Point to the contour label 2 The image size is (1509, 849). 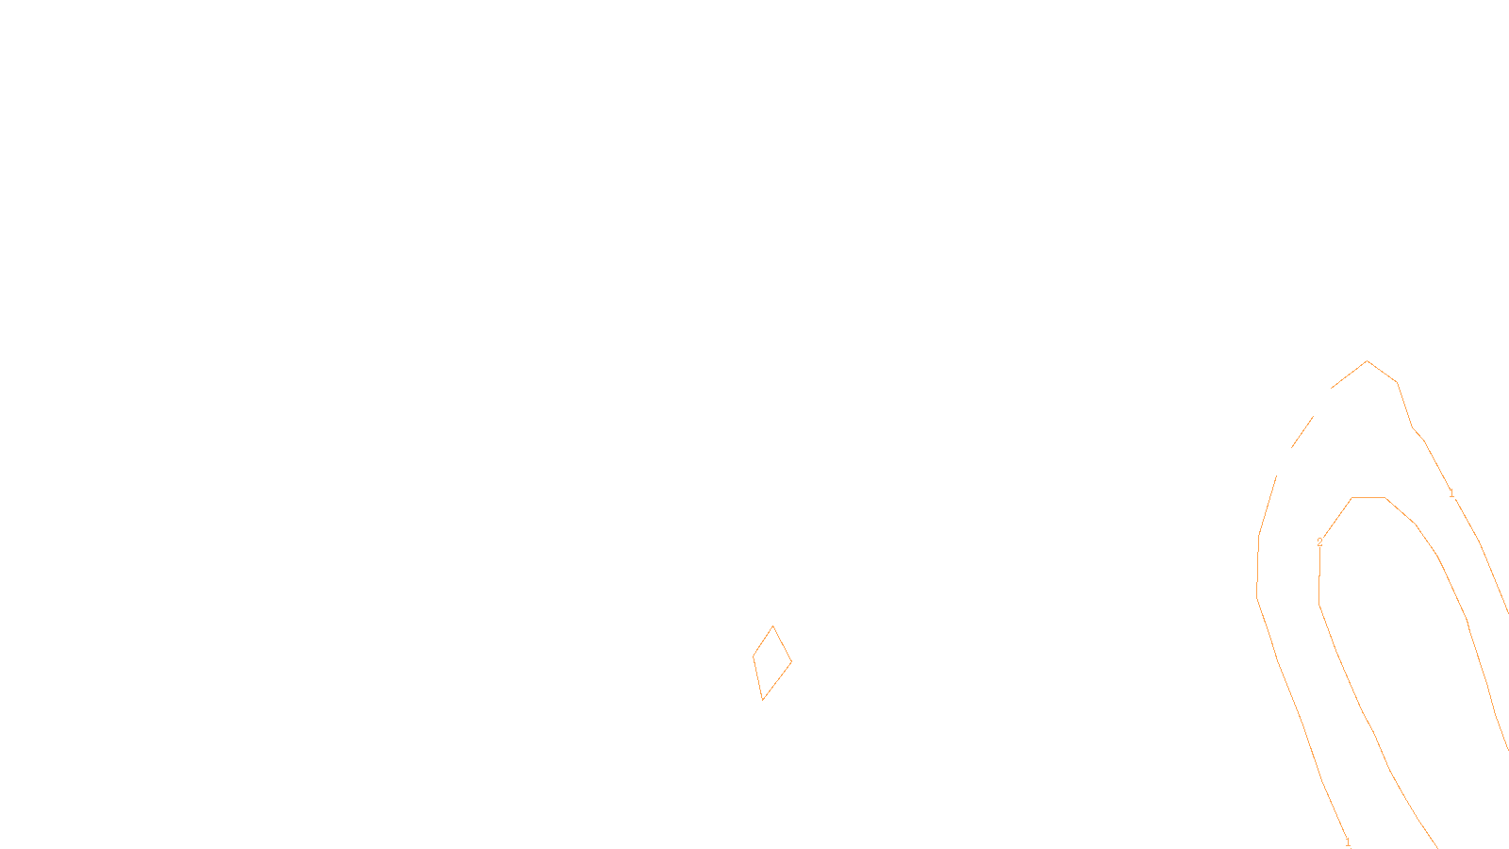click(x=1319, y=542)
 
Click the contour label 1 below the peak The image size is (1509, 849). click(x=1451, y=494)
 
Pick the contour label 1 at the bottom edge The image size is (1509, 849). click(x=1348, y=841)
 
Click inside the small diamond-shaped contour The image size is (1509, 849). click(x=771, y=662)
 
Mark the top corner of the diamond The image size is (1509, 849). click(x=773, y=626)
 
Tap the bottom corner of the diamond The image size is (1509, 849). click(x=762, y=700)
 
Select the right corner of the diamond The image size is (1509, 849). click(x=791, y=661)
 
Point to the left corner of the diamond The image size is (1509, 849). click(x=754, y=657)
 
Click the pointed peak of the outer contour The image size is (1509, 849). click(x=1368, y=361)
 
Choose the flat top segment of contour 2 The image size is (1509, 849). click(x=1368, y=497)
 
